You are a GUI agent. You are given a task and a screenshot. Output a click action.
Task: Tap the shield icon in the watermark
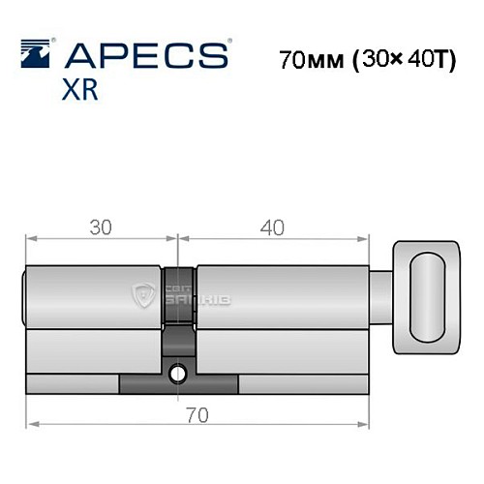[146, 292]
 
